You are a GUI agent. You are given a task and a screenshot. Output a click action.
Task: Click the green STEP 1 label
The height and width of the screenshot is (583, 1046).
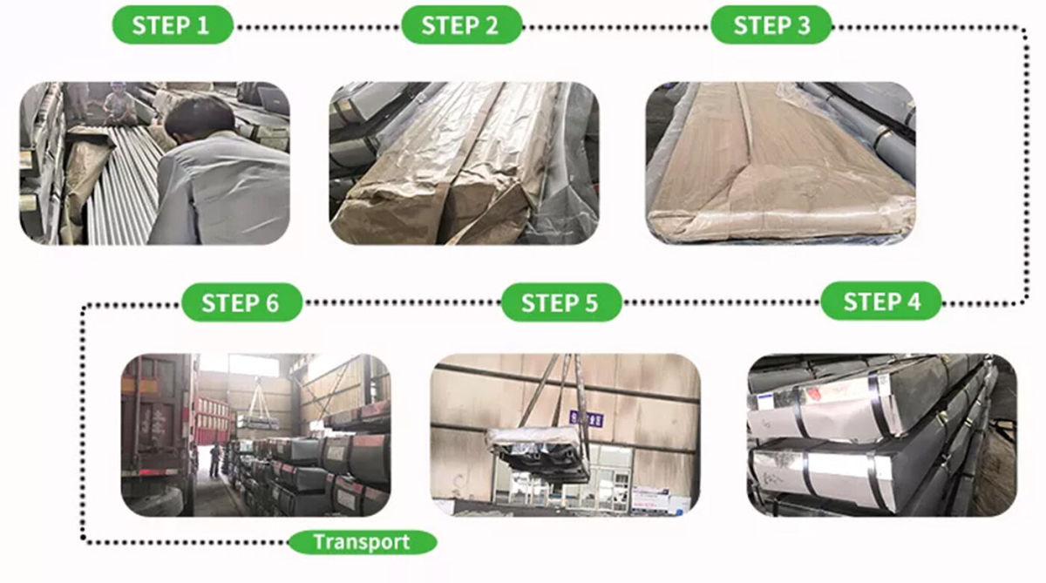click(x=172, y=24)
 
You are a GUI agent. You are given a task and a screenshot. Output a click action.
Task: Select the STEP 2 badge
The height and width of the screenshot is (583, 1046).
click(x=460, y=24)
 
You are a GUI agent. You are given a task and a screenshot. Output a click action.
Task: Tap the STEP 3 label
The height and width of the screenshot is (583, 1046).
click(x=771, y=24)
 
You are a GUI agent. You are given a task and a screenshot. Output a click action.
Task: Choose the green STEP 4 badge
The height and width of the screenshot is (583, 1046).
click(x=881, y=302)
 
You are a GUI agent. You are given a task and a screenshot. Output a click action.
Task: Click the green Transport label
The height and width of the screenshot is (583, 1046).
click(x=361, y=542)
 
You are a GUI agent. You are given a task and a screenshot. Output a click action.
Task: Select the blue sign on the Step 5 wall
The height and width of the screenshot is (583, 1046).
click(x=574, y=417)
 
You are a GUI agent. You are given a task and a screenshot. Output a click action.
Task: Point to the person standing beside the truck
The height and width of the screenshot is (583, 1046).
click(x=214, y=459)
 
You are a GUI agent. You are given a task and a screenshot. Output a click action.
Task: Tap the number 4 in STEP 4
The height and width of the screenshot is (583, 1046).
click(x=912, y=302)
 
